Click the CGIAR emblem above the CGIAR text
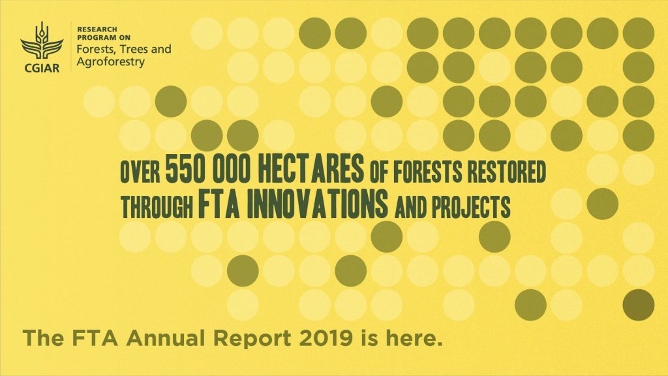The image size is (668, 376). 42,41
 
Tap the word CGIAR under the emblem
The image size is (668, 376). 42,67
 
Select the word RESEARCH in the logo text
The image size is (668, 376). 97,29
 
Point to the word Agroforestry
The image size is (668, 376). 111,62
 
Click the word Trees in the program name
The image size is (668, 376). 134,49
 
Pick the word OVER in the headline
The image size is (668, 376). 140,172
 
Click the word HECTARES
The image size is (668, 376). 311,169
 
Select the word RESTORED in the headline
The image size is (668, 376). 506,172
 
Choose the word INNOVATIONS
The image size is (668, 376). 317,204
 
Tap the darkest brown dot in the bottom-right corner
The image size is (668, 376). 638,305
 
